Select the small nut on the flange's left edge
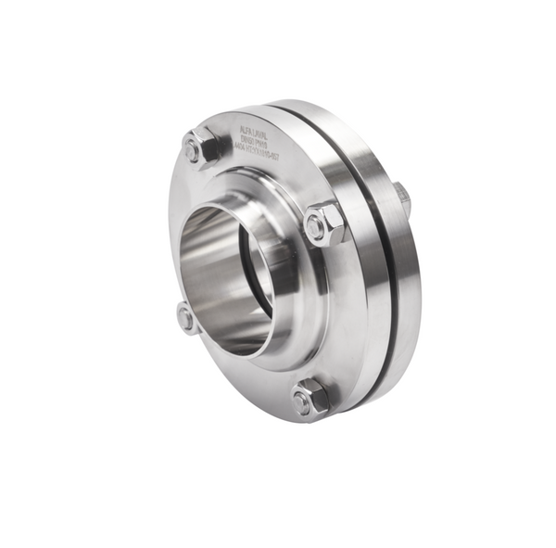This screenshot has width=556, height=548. tap(187, 318)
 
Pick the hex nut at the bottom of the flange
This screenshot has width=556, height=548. tap(309, 399)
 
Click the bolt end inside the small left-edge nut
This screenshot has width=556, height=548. tap(184, 320)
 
